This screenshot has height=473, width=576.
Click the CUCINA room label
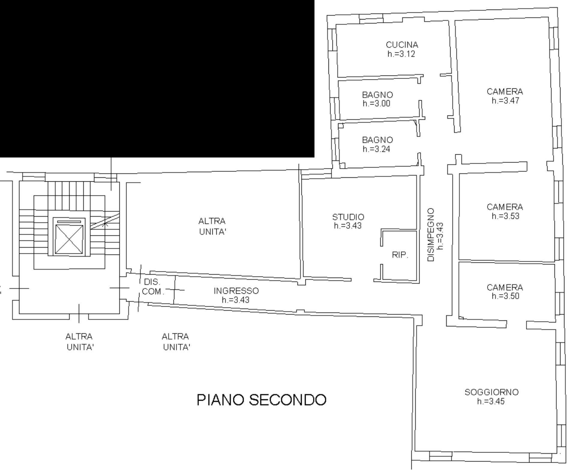[402, 45]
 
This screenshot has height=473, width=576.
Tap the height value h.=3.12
[401, 54]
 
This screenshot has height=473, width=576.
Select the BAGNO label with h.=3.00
[377, 95]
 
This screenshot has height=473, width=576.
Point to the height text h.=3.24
[376, 149]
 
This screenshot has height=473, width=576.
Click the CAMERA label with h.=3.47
[505, 91]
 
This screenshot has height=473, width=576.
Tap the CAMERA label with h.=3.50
[505, 287]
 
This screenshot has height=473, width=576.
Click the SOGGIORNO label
[491, 392]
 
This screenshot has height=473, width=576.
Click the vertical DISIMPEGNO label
[431, 235]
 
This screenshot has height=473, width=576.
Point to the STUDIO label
[348, 217]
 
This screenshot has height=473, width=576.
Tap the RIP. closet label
[400, 255]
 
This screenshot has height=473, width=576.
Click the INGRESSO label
[236, 291]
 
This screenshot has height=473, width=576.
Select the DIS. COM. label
[153, 287]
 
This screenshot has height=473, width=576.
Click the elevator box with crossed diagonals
[69, 239]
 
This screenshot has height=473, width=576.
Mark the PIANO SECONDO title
[261, 400]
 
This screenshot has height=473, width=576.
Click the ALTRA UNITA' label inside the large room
[212, 226]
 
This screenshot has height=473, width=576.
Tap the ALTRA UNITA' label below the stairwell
[79, 342]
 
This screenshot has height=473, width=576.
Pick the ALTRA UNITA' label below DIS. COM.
[176, 342]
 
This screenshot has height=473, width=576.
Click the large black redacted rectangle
[157, 79]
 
